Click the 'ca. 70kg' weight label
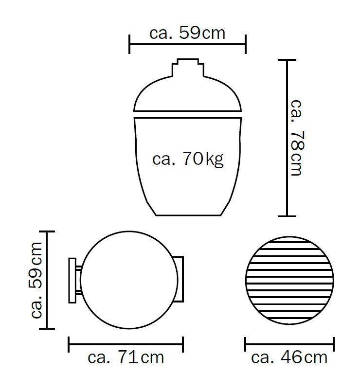[x=188, y=159]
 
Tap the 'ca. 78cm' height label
[x=297, y=138]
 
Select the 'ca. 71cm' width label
[x=126, y=357]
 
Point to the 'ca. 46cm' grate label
[x=289, y=357]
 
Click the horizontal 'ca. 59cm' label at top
[x=187, y=33]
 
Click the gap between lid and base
[x=188, y=114]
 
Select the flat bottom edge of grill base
[x=188, y=215]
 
